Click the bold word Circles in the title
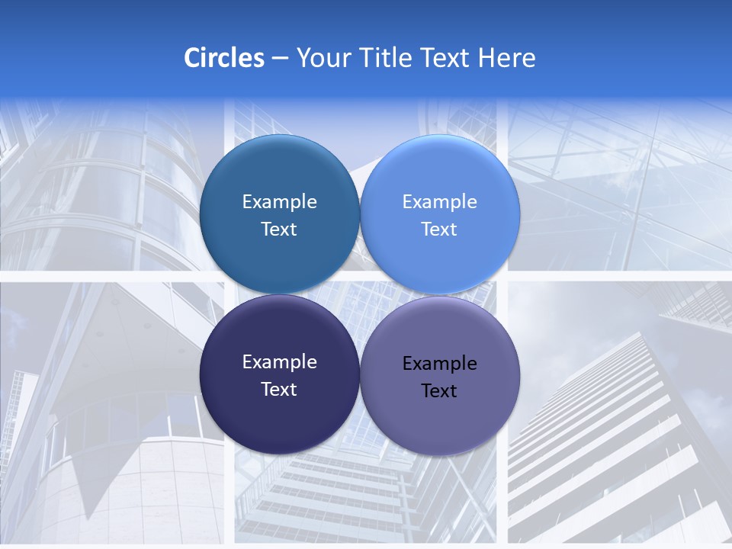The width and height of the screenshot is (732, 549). [224, 58]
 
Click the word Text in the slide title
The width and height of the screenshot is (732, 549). [446, 58]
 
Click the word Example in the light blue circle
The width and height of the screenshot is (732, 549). [439, 202]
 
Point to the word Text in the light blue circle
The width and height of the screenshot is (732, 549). [439, 230]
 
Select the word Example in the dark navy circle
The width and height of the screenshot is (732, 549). [279, 362]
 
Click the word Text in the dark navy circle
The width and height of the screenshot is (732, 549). [279, 390]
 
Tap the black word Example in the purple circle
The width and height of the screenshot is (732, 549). [439, 364]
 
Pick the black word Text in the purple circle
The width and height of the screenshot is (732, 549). [439, 391]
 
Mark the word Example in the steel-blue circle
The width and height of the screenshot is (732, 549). [279, 202]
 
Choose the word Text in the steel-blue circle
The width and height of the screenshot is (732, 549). [279, 230]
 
